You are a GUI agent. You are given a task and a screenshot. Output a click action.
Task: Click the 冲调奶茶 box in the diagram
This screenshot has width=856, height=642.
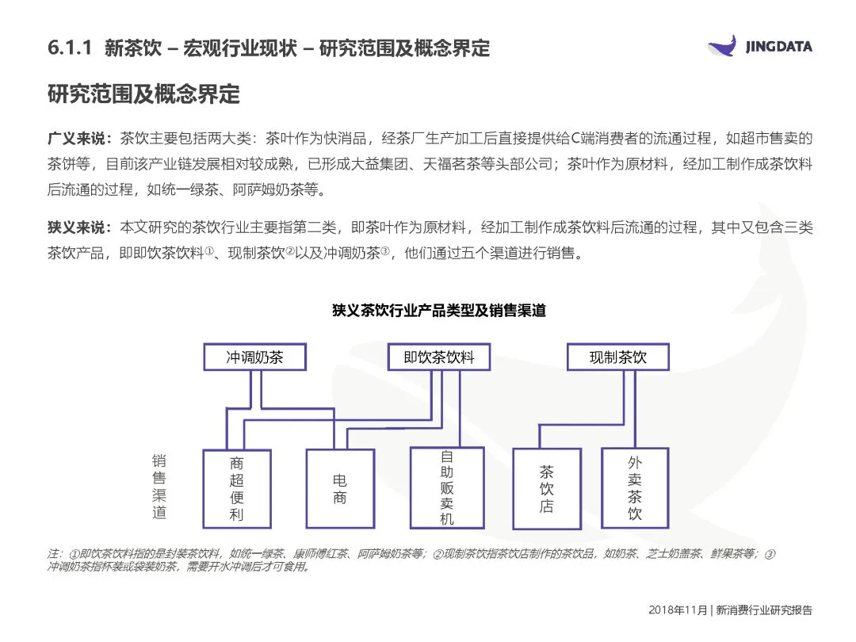tap(254, 357)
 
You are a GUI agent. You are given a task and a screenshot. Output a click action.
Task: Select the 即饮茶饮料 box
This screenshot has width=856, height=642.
tap(438, 357)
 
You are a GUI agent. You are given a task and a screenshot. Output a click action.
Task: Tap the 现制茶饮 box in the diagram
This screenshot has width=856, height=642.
tap(617, 357)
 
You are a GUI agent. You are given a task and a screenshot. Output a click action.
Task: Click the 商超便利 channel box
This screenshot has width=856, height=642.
tap(237, 489)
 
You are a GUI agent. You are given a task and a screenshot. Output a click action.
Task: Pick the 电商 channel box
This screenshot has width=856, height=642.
tap(340, 489)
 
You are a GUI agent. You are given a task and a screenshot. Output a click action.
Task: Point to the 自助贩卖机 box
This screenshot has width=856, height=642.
tap(446, 487)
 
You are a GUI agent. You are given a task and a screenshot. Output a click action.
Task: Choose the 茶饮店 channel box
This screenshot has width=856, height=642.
tap(546, 489)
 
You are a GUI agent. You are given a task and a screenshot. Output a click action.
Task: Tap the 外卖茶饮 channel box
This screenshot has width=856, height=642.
tap(634, 487)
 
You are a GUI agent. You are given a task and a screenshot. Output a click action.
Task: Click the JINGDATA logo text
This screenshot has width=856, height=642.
tap(778, 47)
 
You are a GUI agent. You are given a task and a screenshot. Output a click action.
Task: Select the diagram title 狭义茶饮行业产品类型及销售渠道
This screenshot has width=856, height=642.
tap(438, 311)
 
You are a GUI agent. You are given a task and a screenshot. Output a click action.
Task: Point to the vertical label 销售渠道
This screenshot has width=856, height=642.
tap(159, 486)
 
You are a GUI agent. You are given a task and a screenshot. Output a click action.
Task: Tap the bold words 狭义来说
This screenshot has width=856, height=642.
tap(80, 228)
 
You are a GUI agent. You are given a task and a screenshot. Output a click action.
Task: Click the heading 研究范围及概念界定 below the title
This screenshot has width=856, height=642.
tap(143, 94)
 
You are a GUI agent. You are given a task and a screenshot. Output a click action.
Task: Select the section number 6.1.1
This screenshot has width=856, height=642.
tap(71, 48)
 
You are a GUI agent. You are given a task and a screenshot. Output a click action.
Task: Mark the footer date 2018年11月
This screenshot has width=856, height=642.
tap(678, 610)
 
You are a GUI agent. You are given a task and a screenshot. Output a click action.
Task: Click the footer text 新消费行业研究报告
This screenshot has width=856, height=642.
tap(764, 610)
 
